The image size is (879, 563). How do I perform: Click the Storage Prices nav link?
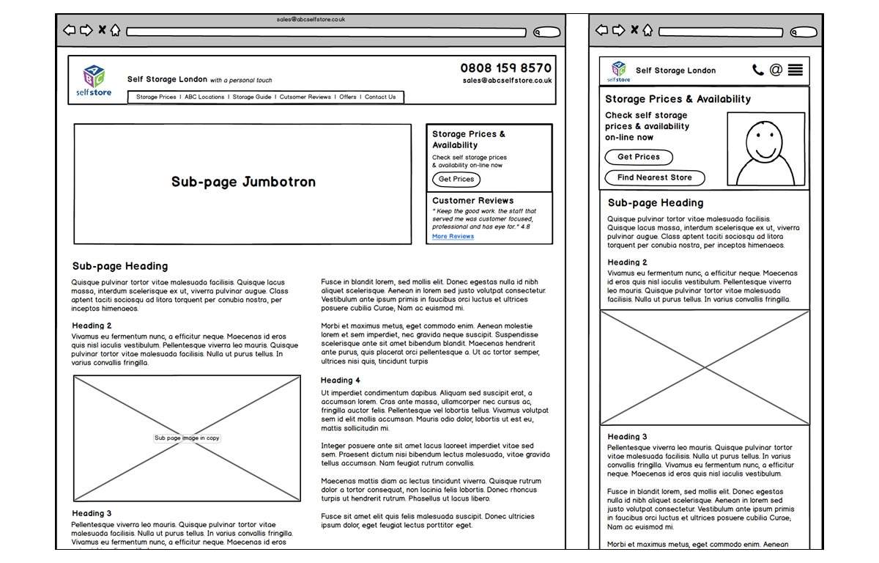pos(156,97)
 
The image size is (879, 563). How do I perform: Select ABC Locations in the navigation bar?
pos(204,97)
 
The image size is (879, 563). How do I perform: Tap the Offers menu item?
pos(348,97)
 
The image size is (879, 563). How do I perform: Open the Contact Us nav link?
pos(380,97)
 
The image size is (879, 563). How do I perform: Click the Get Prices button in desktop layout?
pos(456,179)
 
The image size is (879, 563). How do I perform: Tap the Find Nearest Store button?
pos(654,177)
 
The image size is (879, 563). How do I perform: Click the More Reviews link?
pos(453,237)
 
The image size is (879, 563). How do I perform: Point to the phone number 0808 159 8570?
pos(505,68)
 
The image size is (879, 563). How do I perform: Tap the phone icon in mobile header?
pos(757,70)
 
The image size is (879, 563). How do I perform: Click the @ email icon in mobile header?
pos(776,70)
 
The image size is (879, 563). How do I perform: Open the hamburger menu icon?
pos(795,70)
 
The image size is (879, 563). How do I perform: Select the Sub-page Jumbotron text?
pos(243,182)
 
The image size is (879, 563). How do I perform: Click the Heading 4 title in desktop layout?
pos(341,380)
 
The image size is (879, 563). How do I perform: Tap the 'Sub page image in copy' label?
pos(187,438)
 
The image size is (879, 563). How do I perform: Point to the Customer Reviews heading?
pos(472,200)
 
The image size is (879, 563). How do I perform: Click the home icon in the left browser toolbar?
pos(115,31)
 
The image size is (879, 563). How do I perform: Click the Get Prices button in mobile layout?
pos(638,157)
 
